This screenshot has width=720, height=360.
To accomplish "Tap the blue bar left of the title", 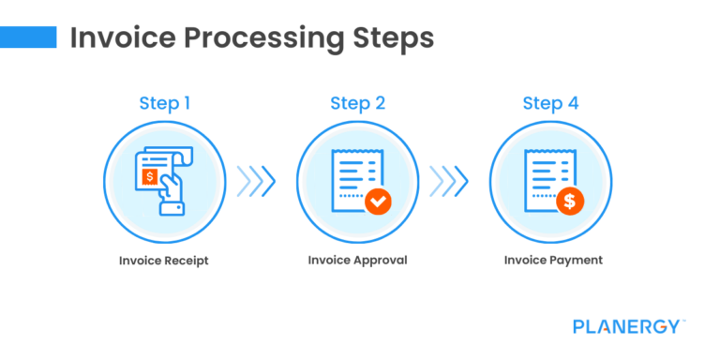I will (28, 37).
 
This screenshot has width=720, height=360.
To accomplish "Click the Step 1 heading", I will (164, 102).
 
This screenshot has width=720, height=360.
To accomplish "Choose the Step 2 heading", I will (357, 102).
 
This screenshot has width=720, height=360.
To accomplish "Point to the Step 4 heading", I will (550, 102).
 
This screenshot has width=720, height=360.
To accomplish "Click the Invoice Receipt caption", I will (164, 260).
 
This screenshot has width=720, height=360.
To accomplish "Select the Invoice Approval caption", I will (357, 260).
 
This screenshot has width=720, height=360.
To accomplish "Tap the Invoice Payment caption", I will (550, 260).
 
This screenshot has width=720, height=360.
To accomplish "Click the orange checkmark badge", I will (378, 201).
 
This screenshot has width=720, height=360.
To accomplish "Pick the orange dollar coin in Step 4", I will (570, 201).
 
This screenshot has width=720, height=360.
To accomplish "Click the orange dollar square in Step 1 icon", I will (148, 176).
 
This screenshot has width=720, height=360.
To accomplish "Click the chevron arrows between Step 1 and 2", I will (256, 180).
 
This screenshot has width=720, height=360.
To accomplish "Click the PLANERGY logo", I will (629, 326).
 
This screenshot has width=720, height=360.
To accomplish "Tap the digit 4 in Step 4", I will (572, 102).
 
